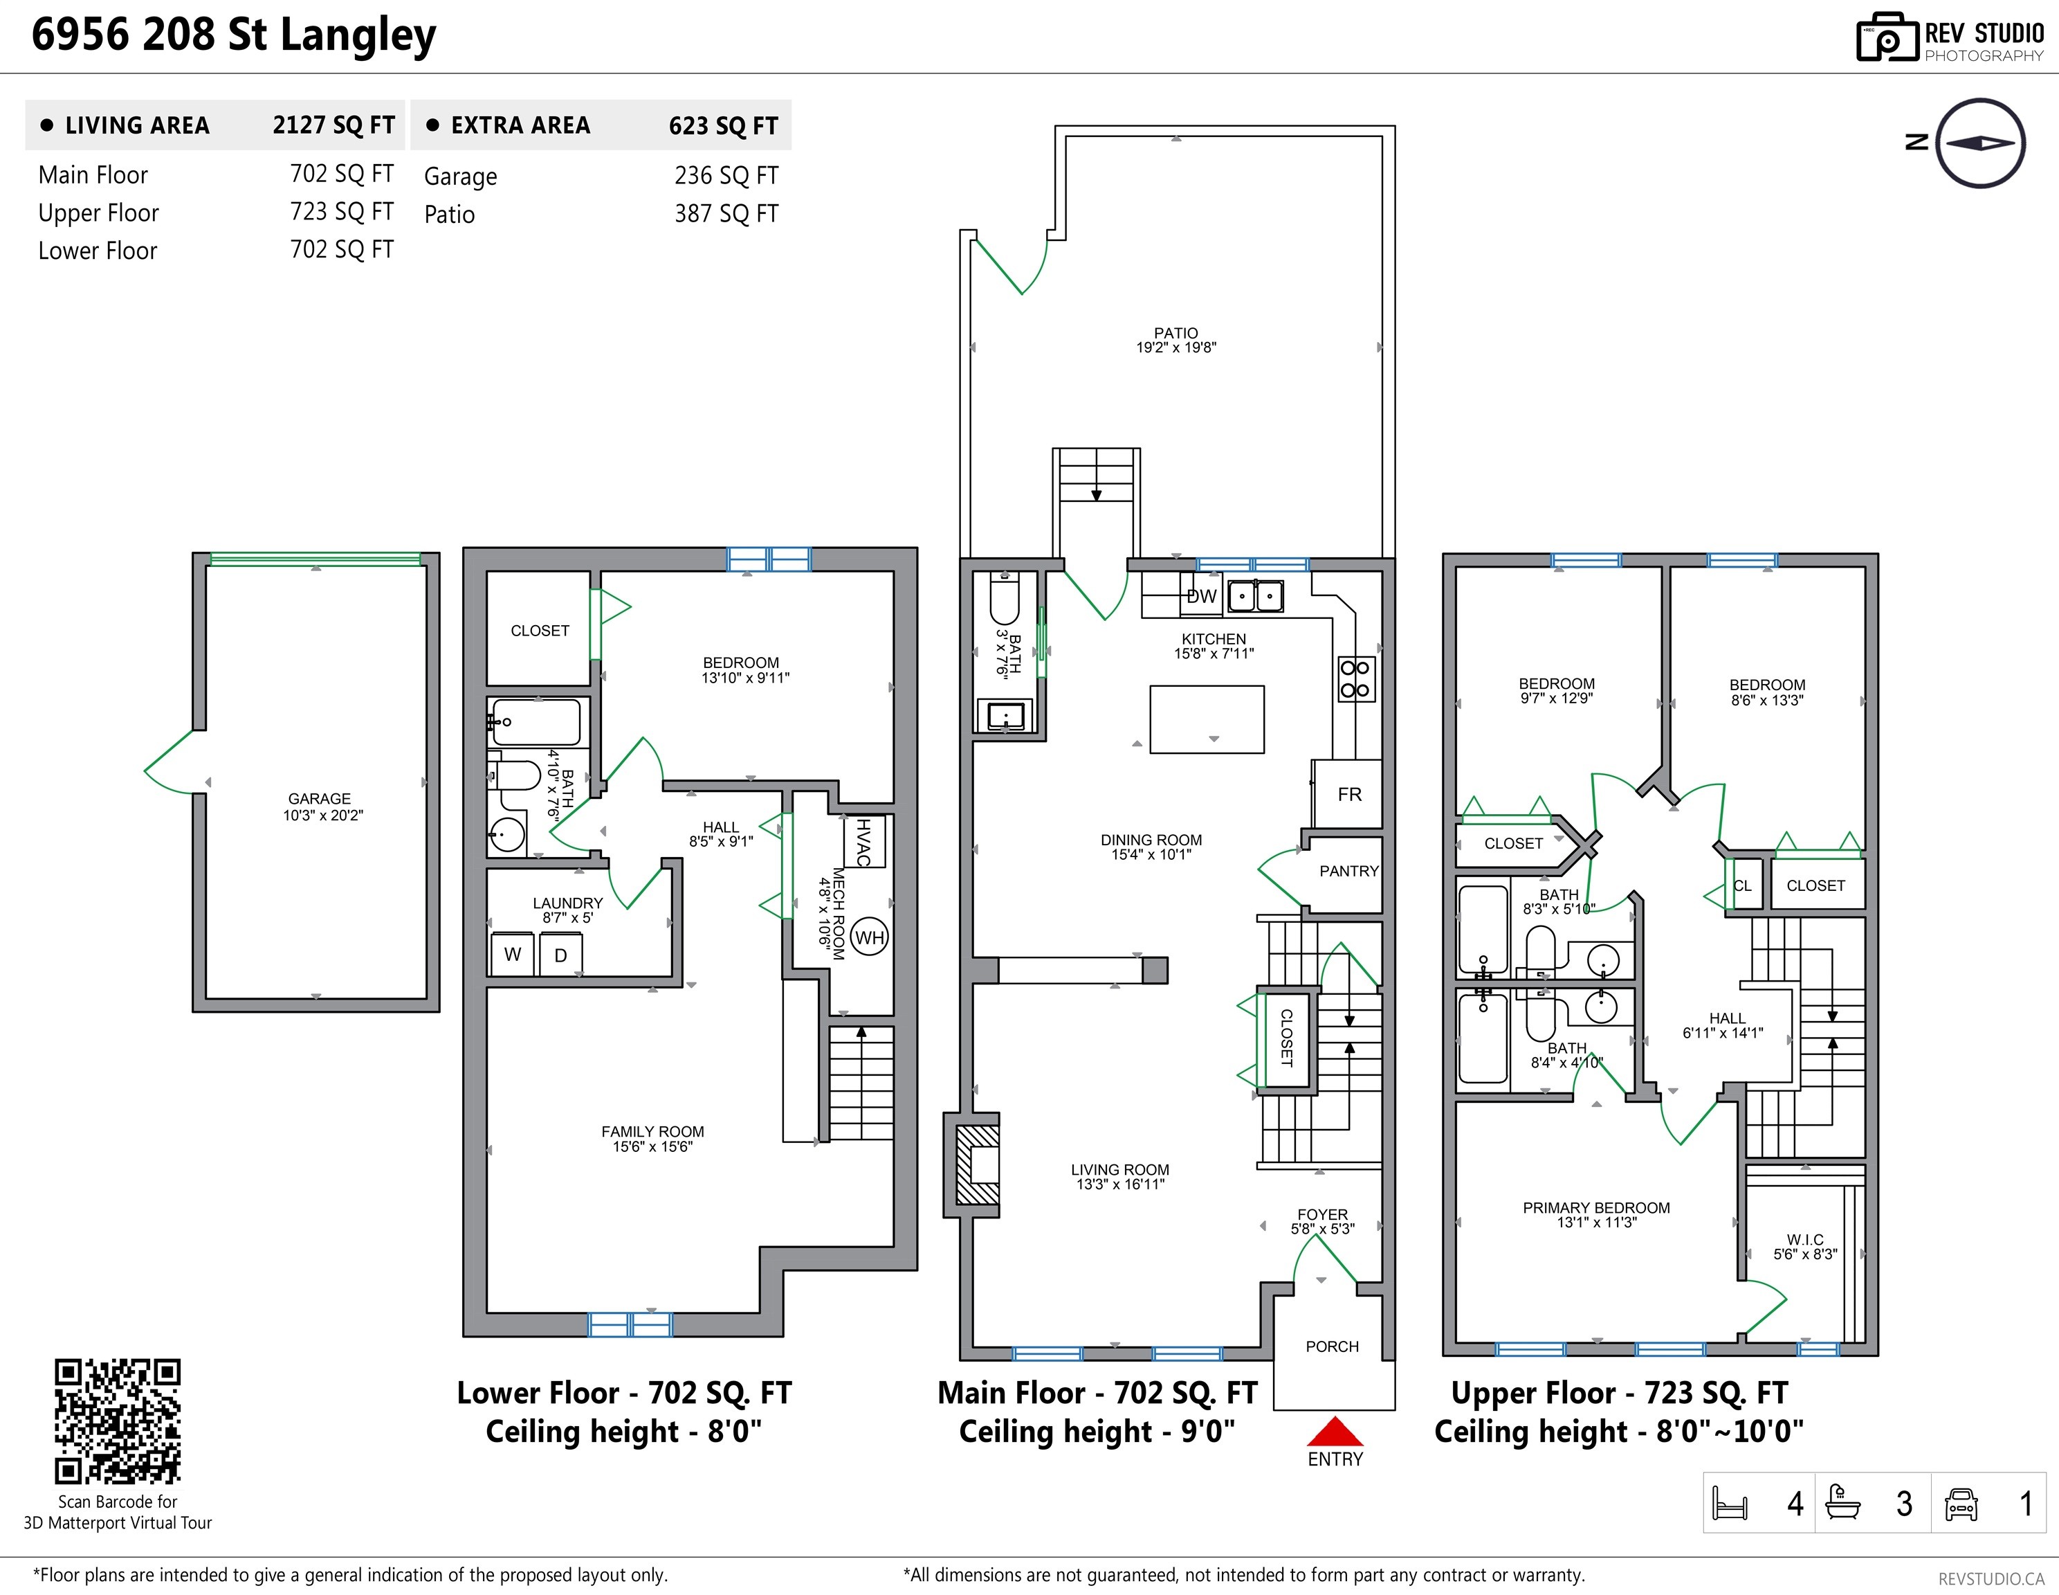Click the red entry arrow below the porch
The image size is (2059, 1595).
1334,1432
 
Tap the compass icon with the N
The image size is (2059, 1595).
1980,143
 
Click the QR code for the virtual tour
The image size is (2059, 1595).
117,1421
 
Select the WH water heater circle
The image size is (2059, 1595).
869,937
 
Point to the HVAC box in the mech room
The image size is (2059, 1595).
863,841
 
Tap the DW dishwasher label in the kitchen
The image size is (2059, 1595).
1201,596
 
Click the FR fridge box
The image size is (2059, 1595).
1349,794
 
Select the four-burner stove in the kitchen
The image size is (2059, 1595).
1355,679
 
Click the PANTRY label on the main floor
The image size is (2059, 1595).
1348,871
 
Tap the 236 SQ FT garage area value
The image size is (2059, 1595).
726,175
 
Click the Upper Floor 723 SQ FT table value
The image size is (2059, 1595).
341,213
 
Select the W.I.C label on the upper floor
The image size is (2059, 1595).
1804,1239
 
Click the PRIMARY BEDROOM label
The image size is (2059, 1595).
1596,1207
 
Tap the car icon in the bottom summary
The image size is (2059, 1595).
1961,1504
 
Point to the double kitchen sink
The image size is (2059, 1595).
1255,596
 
